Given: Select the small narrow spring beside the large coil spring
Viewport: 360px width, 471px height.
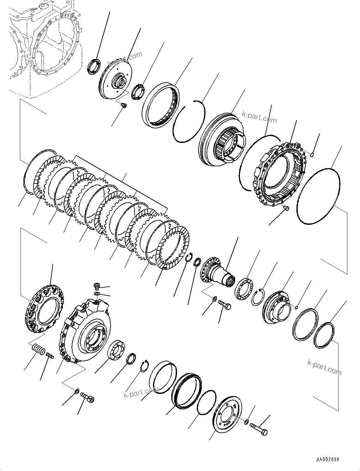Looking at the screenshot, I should (x=50, y=356).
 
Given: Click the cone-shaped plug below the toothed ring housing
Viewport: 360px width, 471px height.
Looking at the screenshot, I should (x=286, y=208).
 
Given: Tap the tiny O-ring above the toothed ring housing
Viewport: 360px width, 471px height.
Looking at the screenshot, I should (x=311, y=154).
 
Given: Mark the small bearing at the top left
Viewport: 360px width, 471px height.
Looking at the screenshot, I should (x=93, y=67).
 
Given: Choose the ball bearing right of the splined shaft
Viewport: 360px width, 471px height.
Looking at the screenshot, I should (x=243, y=288).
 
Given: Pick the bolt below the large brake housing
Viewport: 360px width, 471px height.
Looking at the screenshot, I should (x=88, y=397).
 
